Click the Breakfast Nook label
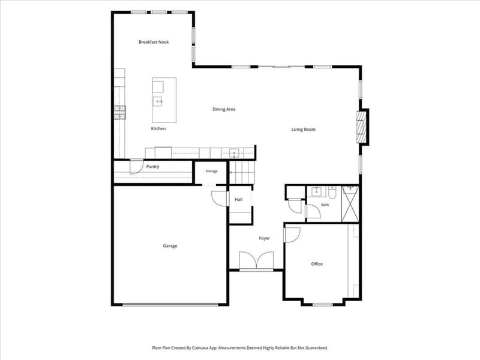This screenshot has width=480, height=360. point(154,42)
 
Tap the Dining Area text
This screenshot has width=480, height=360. point(224,109)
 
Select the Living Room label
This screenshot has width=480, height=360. point(303,130)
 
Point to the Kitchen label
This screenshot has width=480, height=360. point(158,128)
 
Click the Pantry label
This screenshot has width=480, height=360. point(152,167)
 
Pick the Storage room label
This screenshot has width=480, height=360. point(211,171)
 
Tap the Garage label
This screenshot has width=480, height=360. point(170,245)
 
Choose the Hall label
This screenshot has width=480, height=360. point(238,199)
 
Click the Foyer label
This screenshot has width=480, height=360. point(264,238)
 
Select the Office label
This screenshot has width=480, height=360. point(317,264)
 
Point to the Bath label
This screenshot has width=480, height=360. point(325,205)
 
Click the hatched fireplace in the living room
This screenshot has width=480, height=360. point(361,127)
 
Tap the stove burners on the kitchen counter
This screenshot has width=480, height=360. point(120,112)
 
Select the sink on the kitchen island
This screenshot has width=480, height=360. point(158,101)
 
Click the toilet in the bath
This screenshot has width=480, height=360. point(332,192)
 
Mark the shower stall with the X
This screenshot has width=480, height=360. point(350,203)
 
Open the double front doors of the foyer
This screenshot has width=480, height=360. point(256,261)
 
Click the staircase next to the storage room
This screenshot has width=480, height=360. point(242,172)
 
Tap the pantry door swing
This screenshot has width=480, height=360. point(136,167)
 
